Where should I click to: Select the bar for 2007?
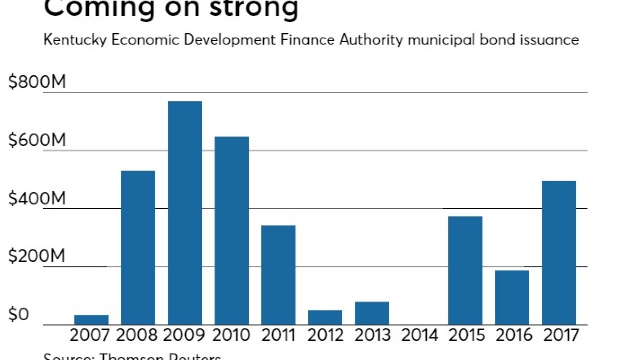[x=91, y=320]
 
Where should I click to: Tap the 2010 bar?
[x=232, y=230]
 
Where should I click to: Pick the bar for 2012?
[x=325, y=317]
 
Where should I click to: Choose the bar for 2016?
[x=512, y=297]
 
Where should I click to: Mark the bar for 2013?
[x=372, y=313]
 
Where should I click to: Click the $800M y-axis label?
[x=37, y=82]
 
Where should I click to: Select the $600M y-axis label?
[x=37, y=141]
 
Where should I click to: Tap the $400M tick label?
[x=37, y=199]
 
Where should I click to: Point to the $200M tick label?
[x=37, y=257]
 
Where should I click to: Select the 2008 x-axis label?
[x=138, y=335]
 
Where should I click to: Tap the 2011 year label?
[x=278, y=335]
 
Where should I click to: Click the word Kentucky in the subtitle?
[x=75, y=40]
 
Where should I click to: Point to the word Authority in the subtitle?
[x=371, y=40]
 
